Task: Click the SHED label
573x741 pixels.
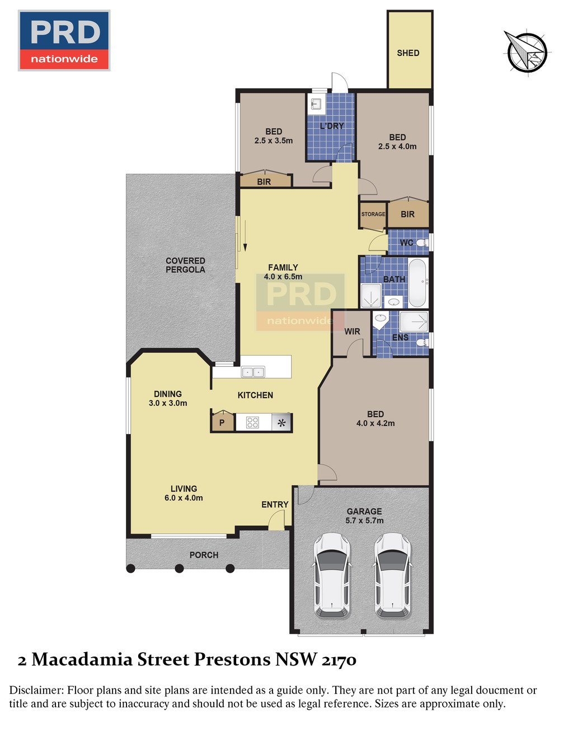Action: click(x=408, y=53)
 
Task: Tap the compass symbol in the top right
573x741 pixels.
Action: click(x=527, y=51)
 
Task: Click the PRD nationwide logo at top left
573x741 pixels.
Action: click(x=64, y=40)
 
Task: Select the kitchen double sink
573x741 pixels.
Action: click(x=253, y=372)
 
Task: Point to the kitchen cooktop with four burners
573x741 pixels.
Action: click(x=252, y=423)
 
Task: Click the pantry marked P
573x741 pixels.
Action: click(x=222, y=422)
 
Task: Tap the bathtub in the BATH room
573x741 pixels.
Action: click(x=418, y=282)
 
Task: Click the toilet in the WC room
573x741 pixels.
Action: click(x=422, y=243)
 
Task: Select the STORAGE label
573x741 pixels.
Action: click(x=373, y=214)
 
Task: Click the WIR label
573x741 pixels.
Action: click(x=352, y=331)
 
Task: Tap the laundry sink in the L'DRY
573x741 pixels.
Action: click(x=316, y=103)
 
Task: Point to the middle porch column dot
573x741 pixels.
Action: click(x=180, y=568)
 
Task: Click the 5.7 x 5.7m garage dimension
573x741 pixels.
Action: click(x=364, y=520)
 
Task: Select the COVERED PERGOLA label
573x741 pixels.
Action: click(x=185, y=265)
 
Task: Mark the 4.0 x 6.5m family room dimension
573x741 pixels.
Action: click(x=283, y=277)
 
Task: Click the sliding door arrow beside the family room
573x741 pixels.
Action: click(x=245, y=235)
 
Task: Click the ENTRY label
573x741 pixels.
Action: click(x=275, y=504)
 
